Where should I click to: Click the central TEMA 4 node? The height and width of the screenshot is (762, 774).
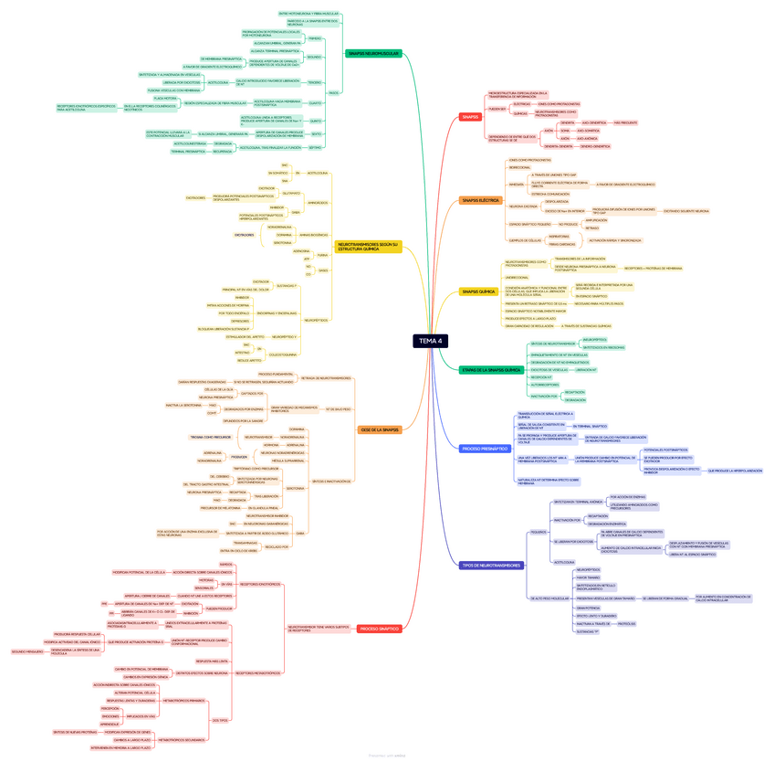[x=430, y=341]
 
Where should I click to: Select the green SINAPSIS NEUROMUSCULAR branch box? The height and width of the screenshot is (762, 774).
[x=373, y=54]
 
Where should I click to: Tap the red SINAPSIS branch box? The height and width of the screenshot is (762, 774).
[x=470, y=117]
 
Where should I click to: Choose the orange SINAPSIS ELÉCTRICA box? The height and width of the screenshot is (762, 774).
[x=480, y=199]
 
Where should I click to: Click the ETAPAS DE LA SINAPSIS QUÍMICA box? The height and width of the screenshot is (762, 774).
[x=491, y=370]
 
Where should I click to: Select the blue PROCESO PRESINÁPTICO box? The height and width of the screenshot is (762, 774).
[x=485, y=449]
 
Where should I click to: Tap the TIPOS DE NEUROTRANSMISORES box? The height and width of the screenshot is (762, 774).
[x=491, y=566]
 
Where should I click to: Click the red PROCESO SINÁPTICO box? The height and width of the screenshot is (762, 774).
[x=379, y=629]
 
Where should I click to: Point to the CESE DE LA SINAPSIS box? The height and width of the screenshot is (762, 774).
[x=379, y=429]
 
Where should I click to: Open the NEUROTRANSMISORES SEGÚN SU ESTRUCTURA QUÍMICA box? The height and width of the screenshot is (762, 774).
[x=369, y=247]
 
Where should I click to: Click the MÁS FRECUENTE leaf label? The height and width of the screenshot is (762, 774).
[x=625, y=122]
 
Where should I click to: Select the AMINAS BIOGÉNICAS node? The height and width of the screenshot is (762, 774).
[x=313, y=235]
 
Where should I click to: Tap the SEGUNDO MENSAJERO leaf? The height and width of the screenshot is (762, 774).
[x=27, y=651]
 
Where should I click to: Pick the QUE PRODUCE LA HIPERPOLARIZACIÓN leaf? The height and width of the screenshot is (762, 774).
[x=735, y=471]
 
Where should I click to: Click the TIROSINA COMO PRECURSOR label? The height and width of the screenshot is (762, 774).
[x=211, y=437]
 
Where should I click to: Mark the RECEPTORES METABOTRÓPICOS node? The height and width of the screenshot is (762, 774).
[x=258, y=672]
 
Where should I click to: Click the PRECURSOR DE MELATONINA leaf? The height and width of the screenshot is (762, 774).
[x=221, y=507]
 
